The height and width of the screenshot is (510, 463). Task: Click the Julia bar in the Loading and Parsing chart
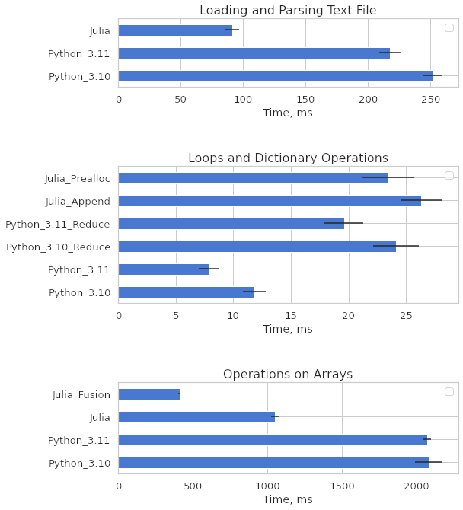(x=175, y=30)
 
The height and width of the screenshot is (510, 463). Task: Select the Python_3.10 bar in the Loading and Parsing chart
(x=275, y=76)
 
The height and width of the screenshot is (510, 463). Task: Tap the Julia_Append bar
(x=270, y=201)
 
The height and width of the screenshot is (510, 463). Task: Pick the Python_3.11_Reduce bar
(x=231, y=224)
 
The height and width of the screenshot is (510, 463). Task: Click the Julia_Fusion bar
(x=149, y=394)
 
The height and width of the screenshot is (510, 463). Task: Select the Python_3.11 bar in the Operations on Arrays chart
(x=273, y=440)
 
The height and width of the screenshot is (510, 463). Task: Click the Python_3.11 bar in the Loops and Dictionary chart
(x=164, y=269)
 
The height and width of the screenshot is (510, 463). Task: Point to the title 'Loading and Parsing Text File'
(x=288, y=11)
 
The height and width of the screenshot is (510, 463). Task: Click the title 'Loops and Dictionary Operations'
(x=288, y=158)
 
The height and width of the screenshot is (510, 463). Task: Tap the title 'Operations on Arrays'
(x=288, y=374)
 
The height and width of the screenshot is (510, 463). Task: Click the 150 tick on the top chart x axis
(x=305, y=99)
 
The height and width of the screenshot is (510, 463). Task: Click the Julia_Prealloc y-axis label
(x=77, y=179)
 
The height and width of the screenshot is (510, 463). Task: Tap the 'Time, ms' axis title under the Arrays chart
(x=288, y=499)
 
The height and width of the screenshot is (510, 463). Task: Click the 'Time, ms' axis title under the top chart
(x=288, y=113)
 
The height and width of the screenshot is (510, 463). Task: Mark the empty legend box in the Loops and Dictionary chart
(x=449, y=176)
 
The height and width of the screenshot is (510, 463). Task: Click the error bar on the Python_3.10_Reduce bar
(x=396, y=246)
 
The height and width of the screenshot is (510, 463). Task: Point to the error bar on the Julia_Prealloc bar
(x=388, y=177)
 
